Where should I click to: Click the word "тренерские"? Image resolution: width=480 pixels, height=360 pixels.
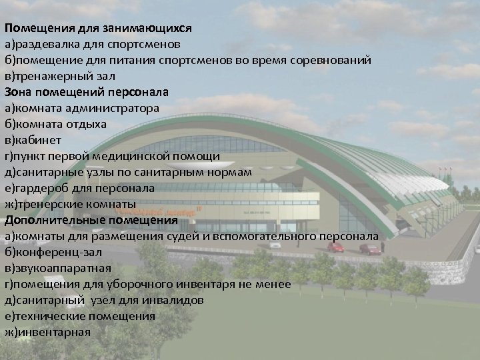point(46,204)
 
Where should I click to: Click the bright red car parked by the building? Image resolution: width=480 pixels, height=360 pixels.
point(336,247)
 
